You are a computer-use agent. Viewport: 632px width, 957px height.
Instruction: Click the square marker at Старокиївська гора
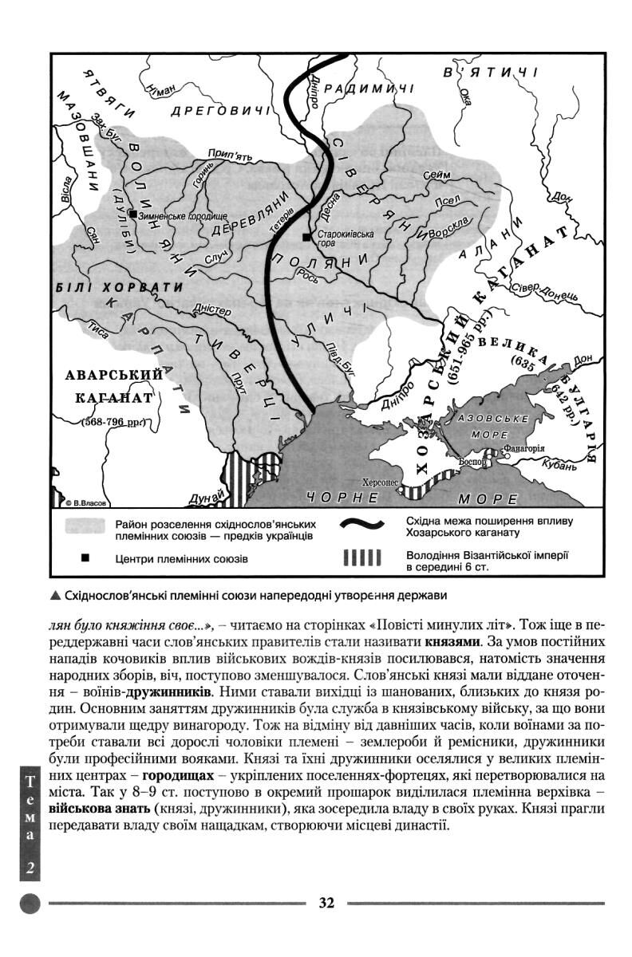(x=306, y=237)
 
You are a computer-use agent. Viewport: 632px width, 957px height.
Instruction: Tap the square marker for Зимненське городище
(x=132, y=215)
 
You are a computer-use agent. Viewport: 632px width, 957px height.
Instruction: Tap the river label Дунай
(x=203, y=498)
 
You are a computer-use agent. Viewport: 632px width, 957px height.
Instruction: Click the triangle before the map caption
(x=53, y=596)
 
